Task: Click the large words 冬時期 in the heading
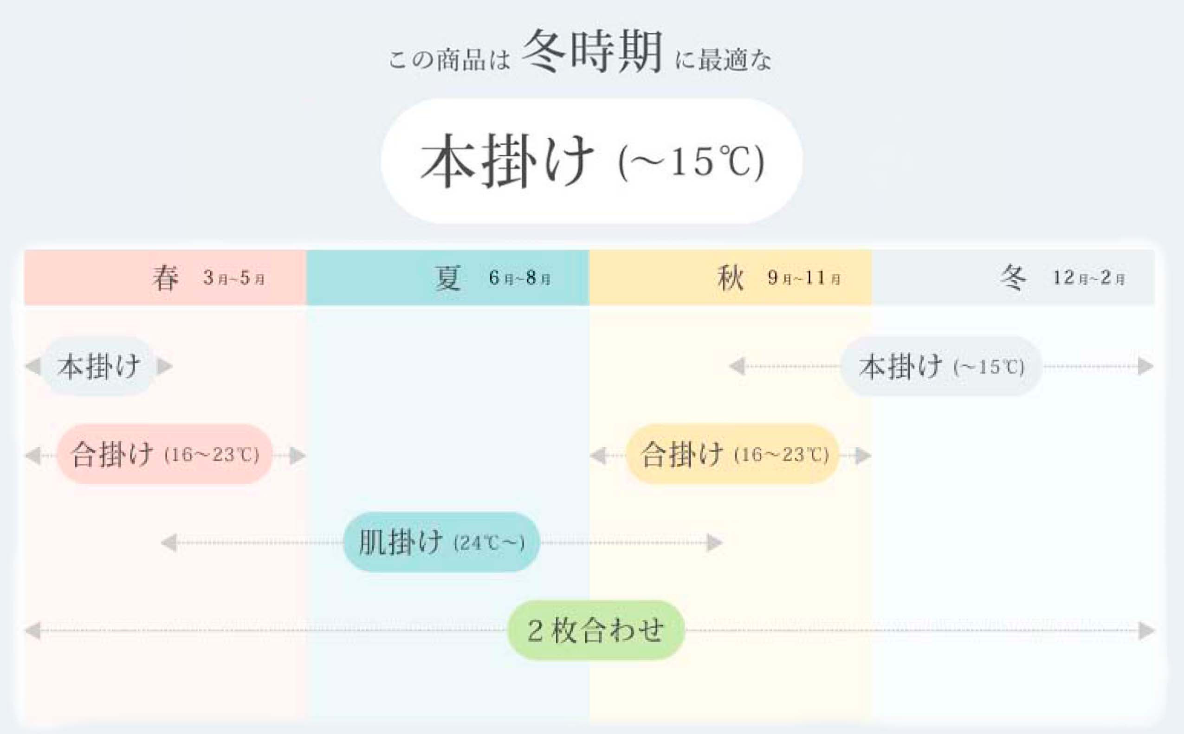click(x=593, y=51)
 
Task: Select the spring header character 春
click(x=166, y=278)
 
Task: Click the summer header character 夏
click(x=447, y=278)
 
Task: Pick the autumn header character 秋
click(x=730, y=278)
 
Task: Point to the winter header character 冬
click(x=1013, y=278)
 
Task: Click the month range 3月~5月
click(x=234, y=279)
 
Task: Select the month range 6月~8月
click(x=520, y=279)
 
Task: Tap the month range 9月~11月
click(x=804, y=279)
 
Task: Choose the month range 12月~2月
click(x=1088, y=279)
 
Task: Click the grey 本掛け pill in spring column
click(x=98, y=367)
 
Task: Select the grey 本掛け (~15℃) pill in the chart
click(x=941, y=367)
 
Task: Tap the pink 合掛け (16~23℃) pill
click(x=165, y=455)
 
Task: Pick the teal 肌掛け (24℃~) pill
click(x=441, y=542)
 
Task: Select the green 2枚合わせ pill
click(x=596, y=631)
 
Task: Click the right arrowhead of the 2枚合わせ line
click(x=1146, y=631)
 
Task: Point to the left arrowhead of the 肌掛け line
click(x=168, y=543)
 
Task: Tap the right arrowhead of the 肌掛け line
click(x=714, y=543)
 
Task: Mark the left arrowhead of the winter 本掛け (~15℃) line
click(x=737, y=367)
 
